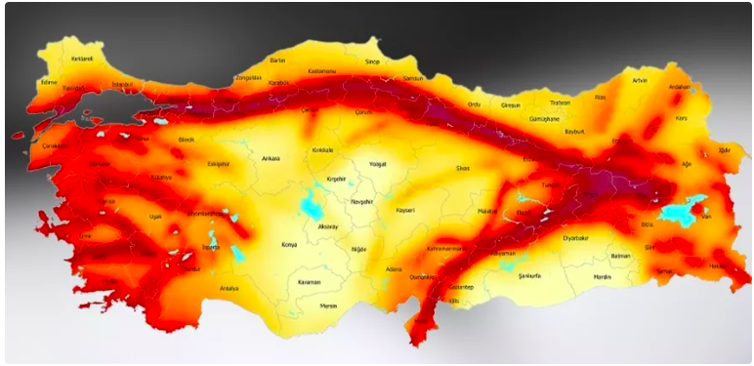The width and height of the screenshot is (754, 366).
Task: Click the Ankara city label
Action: [x=271, y=158]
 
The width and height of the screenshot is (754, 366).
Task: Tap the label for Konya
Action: [x=288, y=244]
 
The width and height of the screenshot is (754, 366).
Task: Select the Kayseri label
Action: [x=405, y=210]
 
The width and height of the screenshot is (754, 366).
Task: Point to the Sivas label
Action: [x=463, y=168]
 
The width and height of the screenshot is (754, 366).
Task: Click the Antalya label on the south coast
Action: [x=230, y=288]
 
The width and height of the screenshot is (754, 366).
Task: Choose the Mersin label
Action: [x=328, y=305]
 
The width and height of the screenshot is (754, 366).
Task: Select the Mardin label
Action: [x=602, y=276]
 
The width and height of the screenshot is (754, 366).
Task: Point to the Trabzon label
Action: [x=560, y=102]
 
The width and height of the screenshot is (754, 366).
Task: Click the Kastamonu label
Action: [x=321, y=71]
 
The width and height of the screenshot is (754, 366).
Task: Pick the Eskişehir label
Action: [x=219, y=164]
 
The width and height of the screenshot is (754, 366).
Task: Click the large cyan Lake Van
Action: [x=681, y=209]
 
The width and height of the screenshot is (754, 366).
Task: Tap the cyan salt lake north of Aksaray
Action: [x=314, y=205]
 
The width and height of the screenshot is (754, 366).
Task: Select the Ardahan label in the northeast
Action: [x=678, y=87]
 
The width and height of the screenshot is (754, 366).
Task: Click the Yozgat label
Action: [x=378, y=164]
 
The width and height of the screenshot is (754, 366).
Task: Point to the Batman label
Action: [x=620, y=256]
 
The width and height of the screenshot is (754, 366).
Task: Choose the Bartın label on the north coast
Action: [x=278, y=61]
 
